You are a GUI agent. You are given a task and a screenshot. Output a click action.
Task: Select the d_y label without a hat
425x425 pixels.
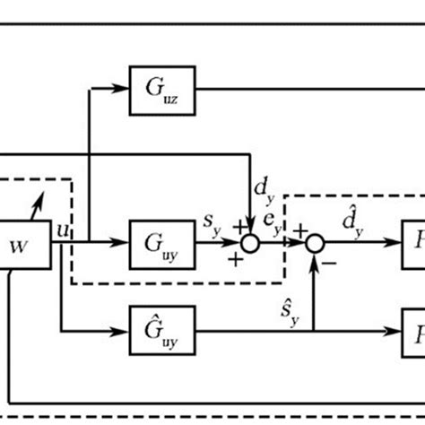pos(264,189)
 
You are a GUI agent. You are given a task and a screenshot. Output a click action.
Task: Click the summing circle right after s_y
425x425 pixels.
pos(252,243)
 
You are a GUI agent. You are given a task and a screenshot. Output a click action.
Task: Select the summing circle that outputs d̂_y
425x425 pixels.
pos(314,243)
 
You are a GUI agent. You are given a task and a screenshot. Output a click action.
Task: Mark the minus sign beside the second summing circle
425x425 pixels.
pos(331,263)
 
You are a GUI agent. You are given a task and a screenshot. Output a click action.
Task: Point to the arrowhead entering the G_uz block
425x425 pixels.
pos(125,88)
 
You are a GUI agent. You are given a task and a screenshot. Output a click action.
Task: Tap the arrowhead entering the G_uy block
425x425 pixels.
pos(125,243)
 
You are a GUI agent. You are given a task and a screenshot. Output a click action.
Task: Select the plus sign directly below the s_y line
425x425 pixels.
pos(235,260)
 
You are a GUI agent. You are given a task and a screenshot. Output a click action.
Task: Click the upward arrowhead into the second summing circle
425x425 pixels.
pos(314,256)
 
